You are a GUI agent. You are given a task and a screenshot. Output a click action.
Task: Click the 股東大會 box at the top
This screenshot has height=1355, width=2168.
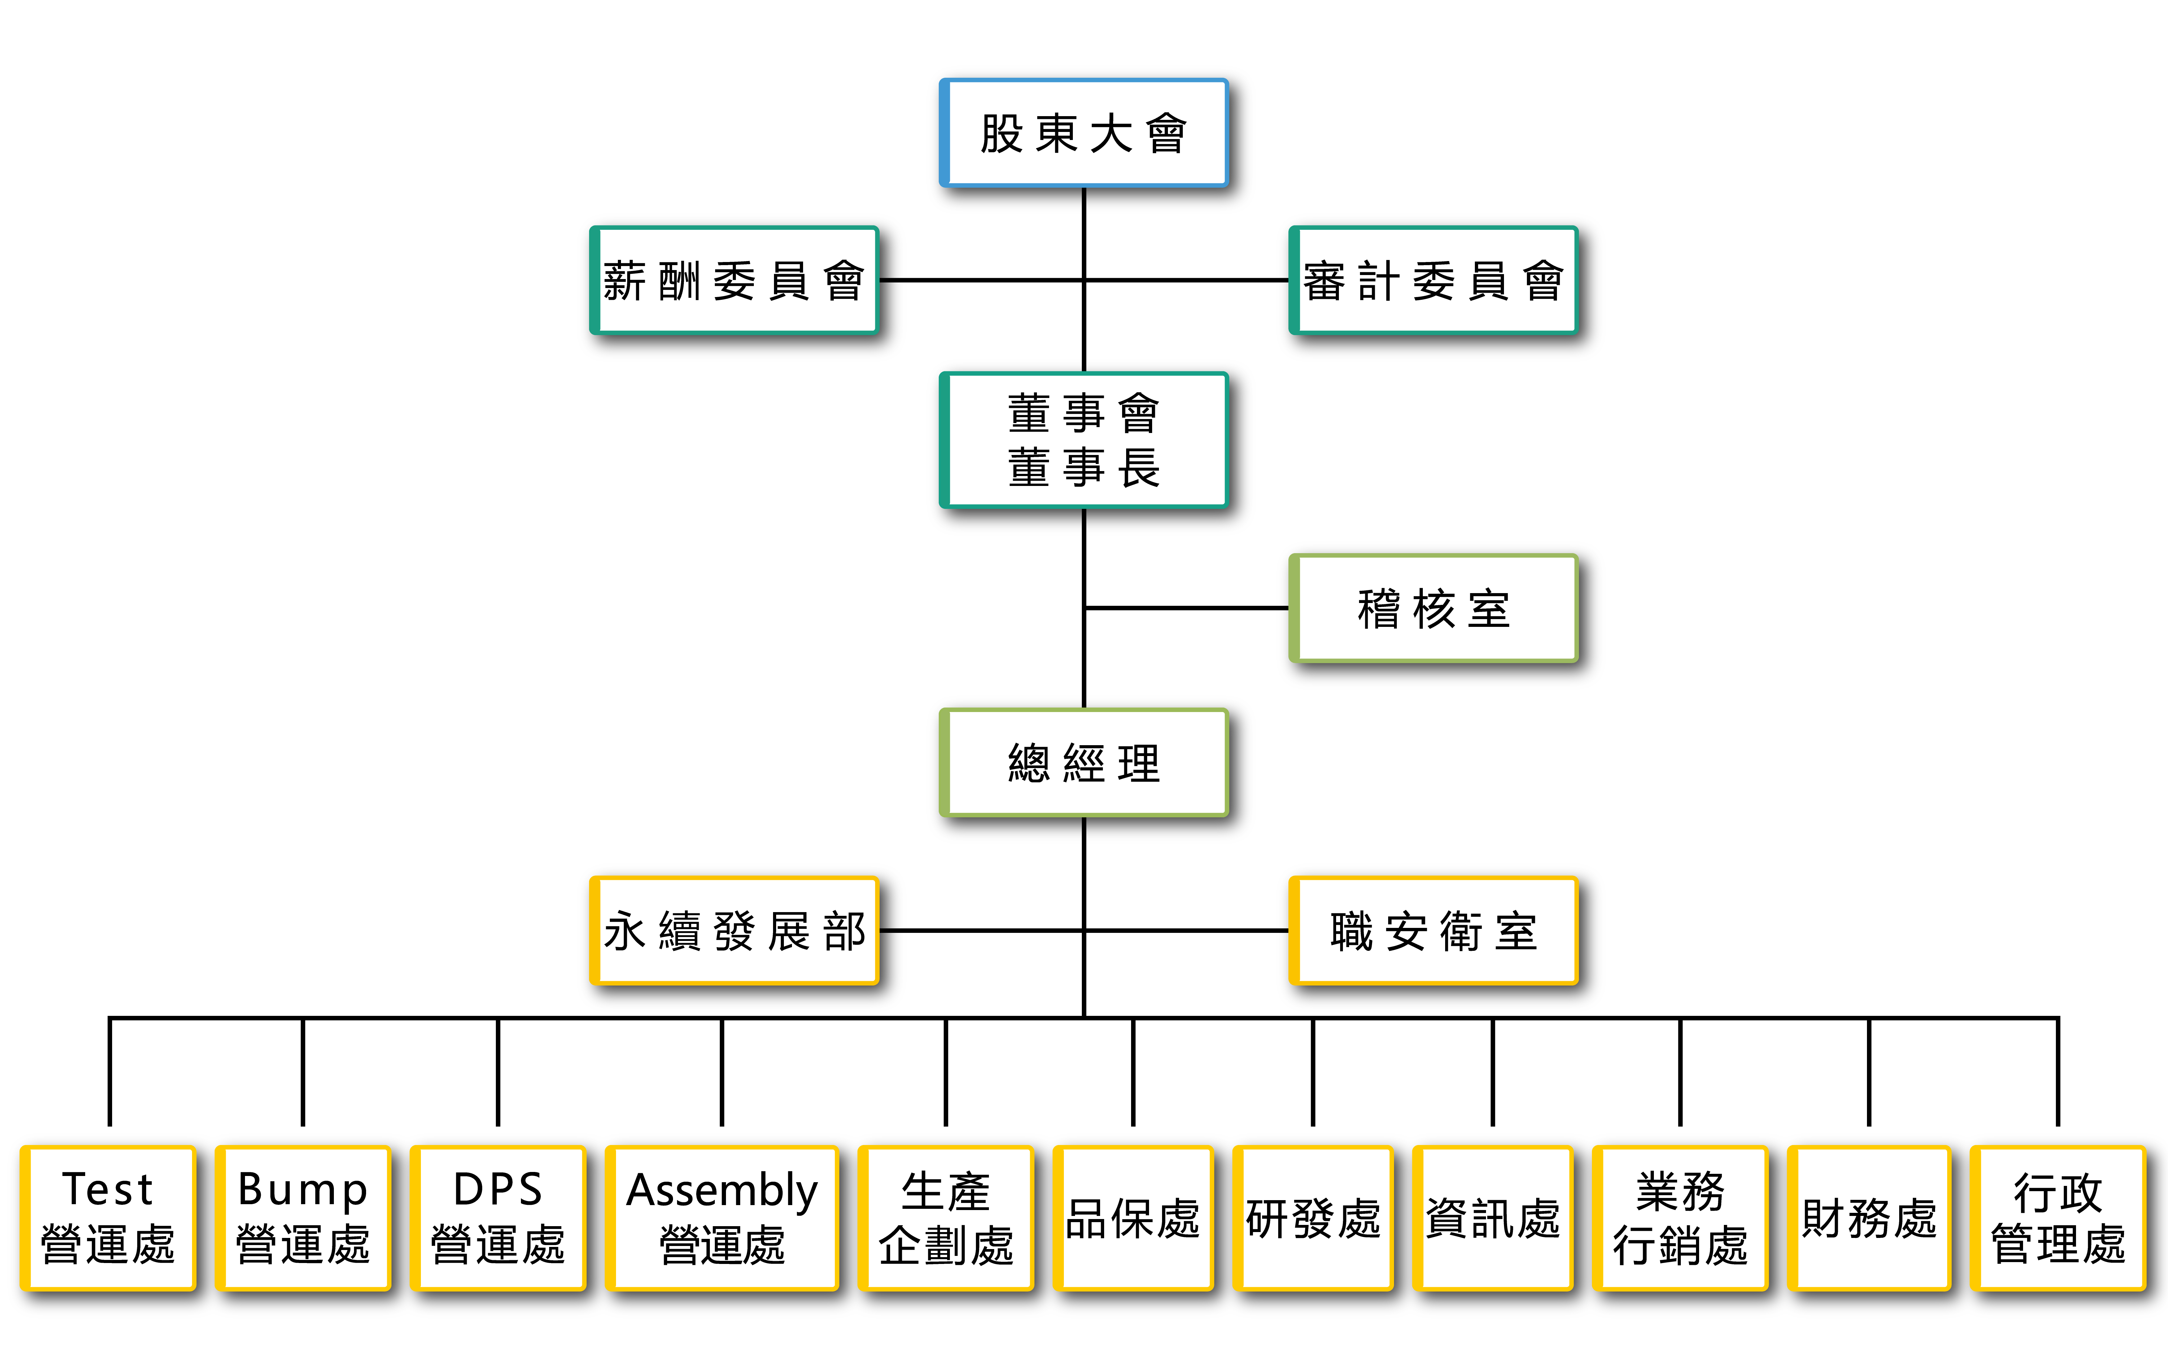[1083, 133]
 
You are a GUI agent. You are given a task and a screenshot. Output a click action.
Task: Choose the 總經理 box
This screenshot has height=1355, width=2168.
[1083, 763]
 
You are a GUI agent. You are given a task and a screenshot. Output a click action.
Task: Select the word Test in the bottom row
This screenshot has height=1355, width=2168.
[107, 1189]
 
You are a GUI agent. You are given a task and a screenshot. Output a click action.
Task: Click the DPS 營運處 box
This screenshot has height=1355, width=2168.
[498, 1218]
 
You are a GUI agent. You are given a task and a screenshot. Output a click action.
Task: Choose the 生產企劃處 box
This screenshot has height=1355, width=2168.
[946, 1218]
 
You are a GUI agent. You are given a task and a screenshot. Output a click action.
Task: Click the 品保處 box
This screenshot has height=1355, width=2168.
[1133, 1218]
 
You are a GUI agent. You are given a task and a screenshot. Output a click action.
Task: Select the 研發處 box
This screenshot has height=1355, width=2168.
[1313, 1218]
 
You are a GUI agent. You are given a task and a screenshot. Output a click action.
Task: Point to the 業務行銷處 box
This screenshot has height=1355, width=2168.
[1681, 1218]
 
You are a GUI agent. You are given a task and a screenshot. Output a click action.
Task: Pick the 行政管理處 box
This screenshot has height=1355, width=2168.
[2059, 1218]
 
